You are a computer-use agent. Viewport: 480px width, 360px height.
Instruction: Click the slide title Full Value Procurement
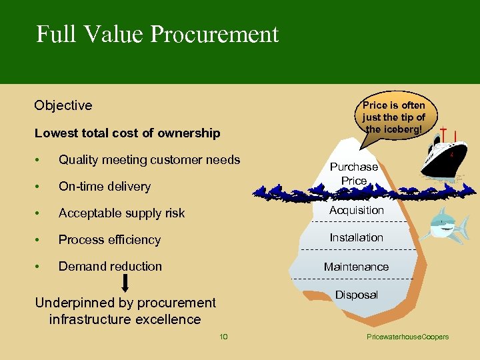[157, 34]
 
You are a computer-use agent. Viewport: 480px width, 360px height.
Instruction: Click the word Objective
[63, 105]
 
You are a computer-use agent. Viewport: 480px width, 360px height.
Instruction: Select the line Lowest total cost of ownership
[127, 133]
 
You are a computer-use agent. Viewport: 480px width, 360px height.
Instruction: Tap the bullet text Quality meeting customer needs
[149, 159]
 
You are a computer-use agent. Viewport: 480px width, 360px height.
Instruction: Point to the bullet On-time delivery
[105, 187]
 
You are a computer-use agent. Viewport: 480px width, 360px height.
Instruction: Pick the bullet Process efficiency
[110, 240]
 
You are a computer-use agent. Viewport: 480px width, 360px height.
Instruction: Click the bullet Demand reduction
[110, 267]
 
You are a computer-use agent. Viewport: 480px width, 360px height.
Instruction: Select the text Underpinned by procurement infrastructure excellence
[125, 311]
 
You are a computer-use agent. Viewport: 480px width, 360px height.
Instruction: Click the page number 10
[223, 337]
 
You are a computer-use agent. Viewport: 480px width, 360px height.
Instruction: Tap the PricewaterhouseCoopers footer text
[408, 337]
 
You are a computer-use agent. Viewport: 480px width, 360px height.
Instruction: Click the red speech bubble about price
[394, 117]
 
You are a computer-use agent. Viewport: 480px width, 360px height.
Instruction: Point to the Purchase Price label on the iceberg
[354, 174]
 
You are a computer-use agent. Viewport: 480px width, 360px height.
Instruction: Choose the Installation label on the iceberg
[357, 237]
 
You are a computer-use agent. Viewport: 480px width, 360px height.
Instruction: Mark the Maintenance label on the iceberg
[356, 267]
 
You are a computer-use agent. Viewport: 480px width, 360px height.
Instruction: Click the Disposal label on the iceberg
[356, 295]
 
